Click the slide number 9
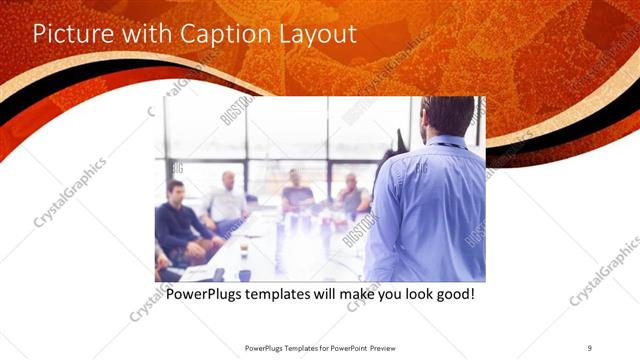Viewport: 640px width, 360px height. coord(590,347)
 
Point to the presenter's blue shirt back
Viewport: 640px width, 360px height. coord(430,210)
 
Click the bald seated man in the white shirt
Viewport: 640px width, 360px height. coord(228,200)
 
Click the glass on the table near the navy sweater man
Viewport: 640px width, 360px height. coord(244,248)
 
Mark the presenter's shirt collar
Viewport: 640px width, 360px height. coord(445,140)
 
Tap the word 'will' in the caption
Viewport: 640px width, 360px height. coord(340,295)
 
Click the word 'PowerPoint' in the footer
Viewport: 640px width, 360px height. coord(347,347)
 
